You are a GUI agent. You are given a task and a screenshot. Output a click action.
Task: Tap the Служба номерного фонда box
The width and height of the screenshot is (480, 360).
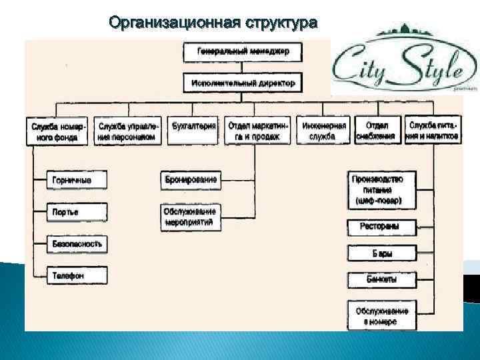(59, 131)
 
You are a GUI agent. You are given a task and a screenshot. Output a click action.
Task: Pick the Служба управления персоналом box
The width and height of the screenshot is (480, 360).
(128, 131)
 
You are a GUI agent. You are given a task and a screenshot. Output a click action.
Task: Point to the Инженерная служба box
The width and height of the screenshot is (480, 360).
(324, 131)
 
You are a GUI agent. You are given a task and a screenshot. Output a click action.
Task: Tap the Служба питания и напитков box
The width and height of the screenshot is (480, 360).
(433, 131)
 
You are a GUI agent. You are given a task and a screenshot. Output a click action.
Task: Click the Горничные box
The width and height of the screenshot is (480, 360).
(76, 180)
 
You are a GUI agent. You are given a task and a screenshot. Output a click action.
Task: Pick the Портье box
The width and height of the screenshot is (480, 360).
(76, 212)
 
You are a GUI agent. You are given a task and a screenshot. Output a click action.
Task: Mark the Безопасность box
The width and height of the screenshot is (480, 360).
(76, 244)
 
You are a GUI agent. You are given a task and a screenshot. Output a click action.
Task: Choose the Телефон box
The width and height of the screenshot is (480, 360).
(76, 275)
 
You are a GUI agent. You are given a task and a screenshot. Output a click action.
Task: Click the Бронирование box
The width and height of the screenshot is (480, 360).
(190, 179)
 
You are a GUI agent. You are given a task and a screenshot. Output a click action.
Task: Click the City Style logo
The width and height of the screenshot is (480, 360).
(397, 65)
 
